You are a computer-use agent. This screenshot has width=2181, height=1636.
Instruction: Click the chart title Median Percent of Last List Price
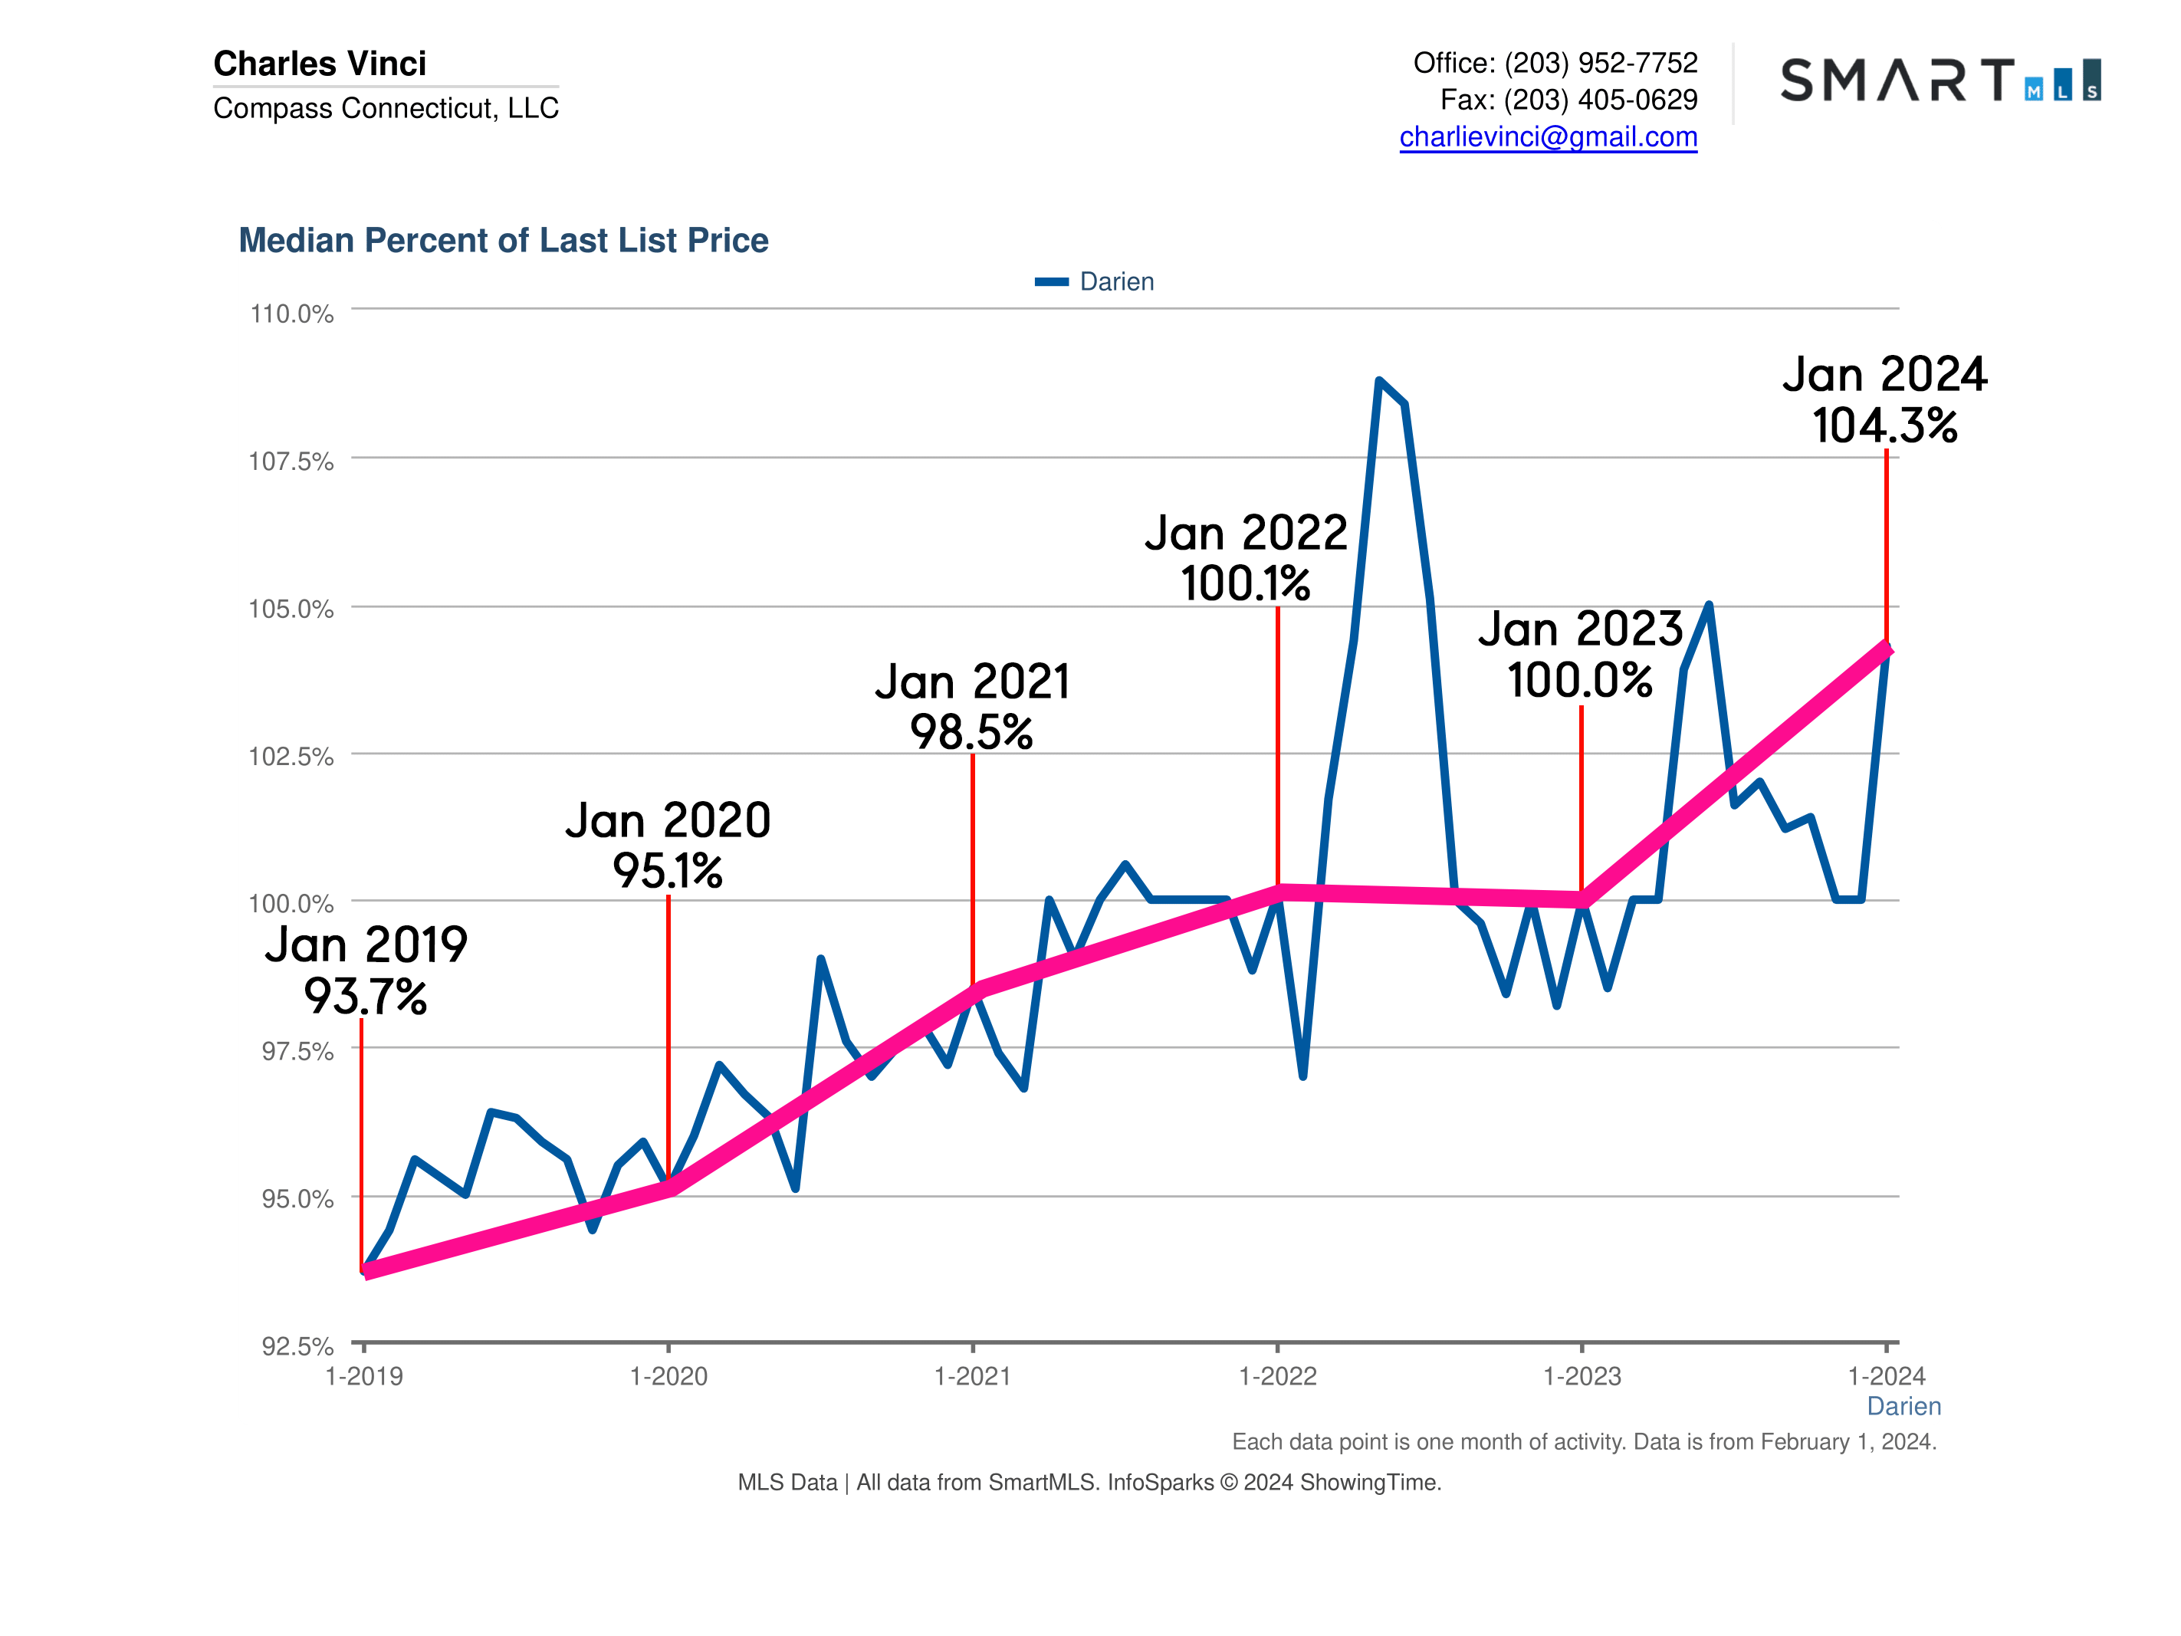[x=503, y=241]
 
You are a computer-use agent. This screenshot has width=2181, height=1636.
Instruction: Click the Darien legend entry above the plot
[x=1095, y=282]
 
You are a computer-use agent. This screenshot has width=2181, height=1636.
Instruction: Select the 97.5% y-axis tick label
[x=296, y=1051]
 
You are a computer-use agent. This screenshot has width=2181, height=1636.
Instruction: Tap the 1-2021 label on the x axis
[x=972, y=1377]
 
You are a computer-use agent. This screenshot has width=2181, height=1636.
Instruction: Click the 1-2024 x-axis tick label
[x=1885, y=1377]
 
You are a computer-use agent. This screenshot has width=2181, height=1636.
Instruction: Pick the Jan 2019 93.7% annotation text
[x=366, y=971]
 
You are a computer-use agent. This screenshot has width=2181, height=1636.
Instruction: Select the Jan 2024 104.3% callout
[x=1884, y=400]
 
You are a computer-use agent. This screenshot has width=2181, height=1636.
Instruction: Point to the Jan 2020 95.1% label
[x=668, y=845]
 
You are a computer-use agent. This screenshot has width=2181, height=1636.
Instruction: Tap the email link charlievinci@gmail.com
[x=1548, y=137]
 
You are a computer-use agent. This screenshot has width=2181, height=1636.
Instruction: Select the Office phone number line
[x=1555, y=63]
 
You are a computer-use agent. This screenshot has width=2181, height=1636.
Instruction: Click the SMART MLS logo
[x=1940, y=80]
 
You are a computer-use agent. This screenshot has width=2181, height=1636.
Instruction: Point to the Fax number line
[x=1568, y=100]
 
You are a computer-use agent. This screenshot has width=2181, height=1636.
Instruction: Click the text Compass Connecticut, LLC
[x=386, y=108]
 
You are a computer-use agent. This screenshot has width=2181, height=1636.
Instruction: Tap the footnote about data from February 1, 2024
[x=1584, y=1442]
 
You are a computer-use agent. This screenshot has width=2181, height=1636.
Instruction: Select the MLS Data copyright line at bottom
[x=1089, y=1482]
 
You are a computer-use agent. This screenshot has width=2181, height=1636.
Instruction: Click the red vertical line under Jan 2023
[x=1582, y=799]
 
